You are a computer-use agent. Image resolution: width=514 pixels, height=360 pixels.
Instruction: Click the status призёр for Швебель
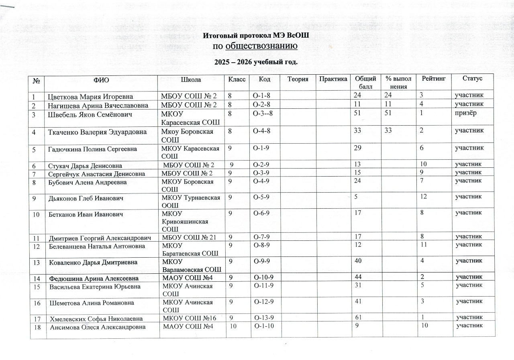coord(465,114)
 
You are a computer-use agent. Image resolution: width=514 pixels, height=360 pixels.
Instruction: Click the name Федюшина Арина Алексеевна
coord(94,278)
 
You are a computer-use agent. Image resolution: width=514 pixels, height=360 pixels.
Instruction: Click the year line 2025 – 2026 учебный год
coord(256,62)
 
